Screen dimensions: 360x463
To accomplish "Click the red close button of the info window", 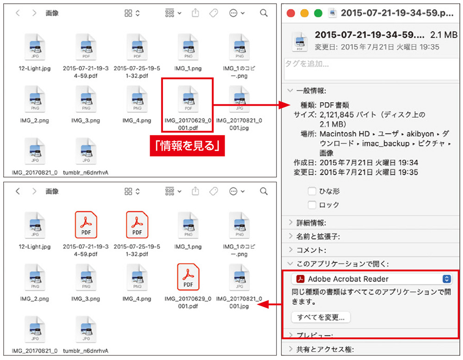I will (x=291, y=13).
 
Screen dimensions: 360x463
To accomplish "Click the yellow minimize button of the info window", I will (x=305, y=13).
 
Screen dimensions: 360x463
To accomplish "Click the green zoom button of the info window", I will (x=318, y=13).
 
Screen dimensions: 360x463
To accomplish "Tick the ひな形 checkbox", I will (x=312, y=191).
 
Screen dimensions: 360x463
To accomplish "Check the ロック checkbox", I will (x=312, y=205).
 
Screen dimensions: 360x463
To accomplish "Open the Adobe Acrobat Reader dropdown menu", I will (x=447, y=279).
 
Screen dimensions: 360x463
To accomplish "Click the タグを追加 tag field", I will (x=370, y=64).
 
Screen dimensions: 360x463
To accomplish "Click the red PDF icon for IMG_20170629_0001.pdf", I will (x=188, y=277).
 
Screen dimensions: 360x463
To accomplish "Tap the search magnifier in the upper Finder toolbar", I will (x=264, y=13).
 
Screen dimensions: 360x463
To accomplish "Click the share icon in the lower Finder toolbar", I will (x=195, y=191).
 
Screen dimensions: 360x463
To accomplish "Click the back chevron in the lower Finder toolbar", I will (x=18, y=191).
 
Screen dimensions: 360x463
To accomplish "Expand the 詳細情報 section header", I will (x=307, y=223).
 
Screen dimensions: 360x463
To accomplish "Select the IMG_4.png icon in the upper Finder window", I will (x=137, y=100).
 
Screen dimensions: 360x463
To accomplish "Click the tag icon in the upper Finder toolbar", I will (x=213, y=13).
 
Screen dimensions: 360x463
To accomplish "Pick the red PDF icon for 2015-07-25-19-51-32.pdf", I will (x=137, y=225).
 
